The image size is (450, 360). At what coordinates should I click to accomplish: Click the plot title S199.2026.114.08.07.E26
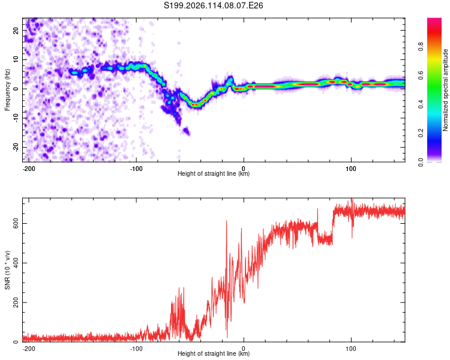coord(213,5)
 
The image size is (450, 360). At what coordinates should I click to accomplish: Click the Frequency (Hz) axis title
coord(7,90)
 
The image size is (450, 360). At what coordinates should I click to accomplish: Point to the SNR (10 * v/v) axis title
coord(7,270)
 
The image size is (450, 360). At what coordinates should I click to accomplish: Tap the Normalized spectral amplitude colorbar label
coord(445,90)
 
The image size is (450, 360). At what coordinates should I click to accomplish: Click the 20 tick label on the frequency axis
coord(16,31)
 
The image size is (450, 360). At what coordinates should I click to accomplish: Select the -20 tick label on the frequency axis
coord(16,147)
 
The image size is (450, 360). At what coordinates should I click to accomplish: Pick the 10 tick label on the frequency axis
coord(16,59)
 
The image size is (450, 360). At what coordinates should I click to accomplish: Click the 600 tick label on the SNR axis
coord(16,223)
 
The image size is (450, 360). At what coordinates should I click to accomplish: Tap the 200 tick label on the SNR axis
coord(16,302)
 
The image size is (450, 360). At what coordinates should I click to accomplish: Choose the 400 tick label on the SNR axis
coord(16,263)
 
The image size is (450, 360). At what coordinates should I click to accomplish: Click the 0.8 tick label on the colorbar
coord(421,46)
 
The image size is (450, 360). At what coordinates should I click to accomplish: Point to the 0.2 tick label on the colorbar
coord(421,133)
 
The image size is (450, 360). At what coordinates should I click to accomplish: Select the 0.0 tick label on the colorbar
coord(421,162)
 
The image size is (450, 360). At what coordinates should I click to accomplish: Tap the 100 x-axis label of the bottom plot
coord(351,349)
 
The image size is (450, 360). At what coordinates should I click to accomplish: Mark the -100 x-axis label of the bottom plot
coord(136,349)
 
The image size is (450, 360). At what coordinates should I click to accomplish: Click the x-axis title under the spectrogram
coord(214,173)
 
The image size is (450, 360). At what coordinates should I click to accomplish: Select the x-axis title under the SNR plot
coord(214,353)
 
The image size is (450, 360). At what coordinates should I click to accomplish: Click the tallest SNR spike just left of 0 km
coord(226,221)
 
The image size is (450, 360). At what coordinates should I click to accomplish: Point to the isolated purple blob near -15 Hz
coord(187,131)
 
